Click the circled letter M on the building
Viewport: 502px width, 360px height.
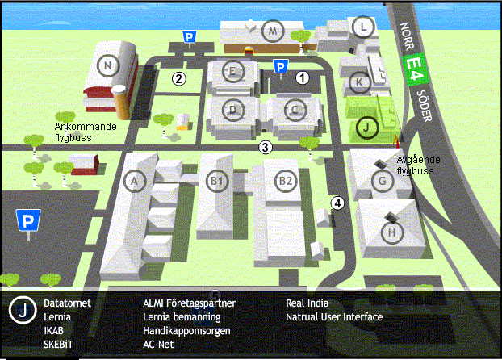(x=273, y=31)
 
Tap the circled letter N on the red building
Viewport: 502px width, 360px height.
(x=108, y=65)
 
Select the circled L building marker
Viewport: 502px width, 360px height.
(x=363, y=27)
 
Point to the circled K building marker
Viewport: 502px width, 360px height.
(x=359, y=82)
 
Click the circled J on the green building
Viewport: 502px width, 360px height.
(x=367, y=128)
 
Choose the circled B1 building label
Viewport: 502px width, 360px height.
(x=217, y=181)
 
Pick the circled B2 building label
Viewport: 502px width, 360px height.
(x=286, y=181)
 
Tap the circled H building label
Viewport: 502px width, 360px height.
(x=392, y=232)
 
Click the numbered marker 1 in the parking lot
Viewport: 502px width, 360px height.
(x=302, y=77)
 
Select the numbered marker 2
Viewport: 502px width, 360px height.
(x=179, y=79)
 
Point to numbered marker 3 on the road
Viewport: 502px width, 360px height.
(x=265, y=148)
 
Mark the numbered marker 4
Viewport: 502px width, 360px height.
(x=337, y=203)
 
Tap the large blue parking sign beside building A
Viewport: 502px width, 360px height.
(x=28, y=220)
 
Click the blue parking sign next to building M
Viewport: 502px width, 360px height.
(x=189, y=37)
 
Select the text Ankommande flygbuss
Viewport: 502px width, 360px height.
(x=86, y=132)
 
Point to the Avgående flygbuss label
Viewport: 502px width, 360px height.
(x=418, y=165)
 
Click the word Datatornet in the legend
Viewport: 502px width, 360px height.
(x=67, y=303)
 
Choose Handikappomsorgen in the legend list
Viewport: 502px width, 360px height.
(x=186, y=331)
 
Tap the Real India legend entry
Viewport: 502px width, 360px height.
(x=307, y=303)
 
